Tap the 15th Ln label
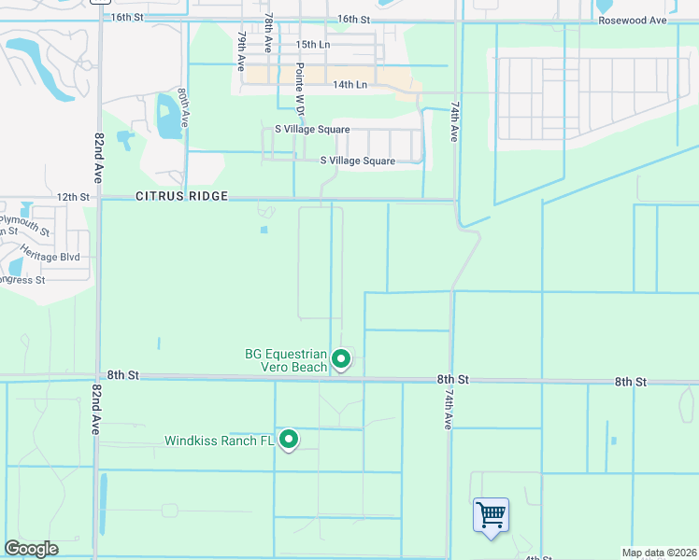313,45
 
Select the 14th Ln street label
350,84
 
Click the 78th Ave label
268,33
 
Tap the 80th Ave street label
185,108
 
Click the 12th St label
72,197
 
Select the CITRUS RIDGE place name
182,197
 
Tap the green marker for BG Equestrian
342,358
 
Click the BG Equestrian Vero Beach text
286,360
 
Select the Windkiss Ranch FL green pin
290,439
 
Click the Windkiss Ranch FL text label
221,441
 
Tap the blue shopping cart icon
491,514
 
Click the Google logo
31,549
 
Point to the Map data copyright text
658,553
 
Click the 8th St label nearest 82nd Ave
122,374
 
